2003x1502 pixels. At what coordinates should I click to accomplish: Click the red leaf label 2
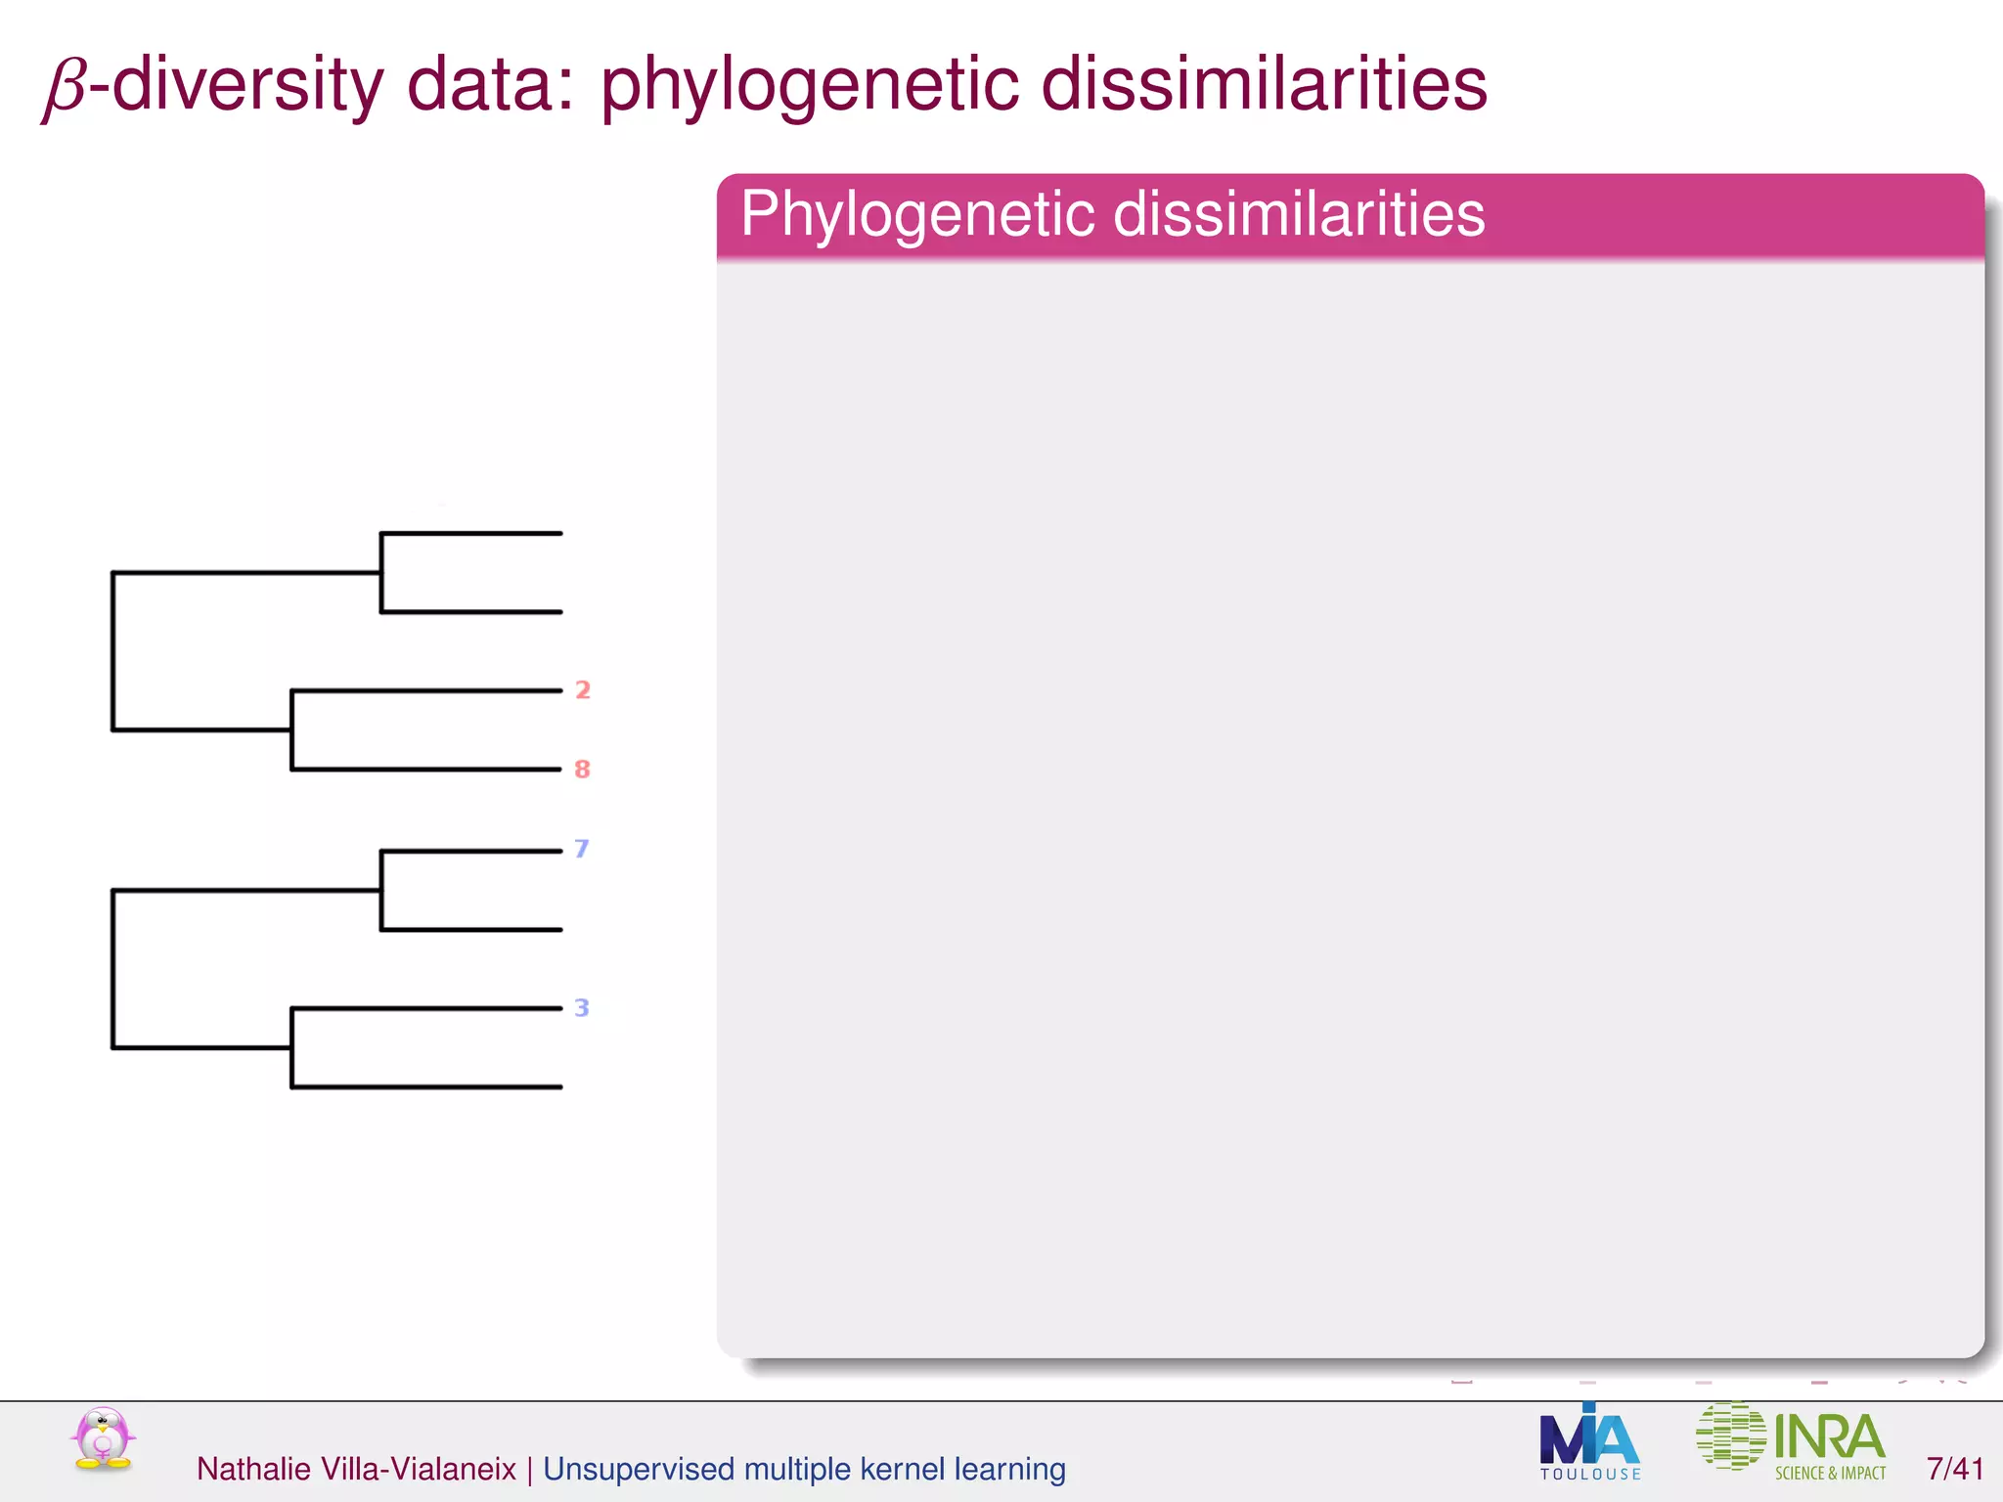coord(583,690)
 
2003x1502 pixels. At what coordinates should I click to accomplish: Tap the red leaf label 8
coord(583,770)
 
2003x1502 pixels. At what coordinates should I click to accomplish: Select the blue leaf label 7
coord(582,849)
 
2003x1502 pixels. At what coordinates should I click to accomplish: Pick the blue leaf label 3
coord(582,1007)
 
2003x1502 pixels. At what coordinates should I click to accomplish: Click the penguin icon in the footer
coord(103,1438)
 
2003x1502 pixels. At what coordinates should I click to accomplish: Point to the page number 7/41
coord(1954,1469)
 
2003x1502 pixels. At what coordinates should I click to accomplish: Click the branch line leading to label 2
coord(426,691)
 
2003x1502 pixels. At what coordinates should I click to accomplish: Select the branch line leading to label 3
coord(426,1008)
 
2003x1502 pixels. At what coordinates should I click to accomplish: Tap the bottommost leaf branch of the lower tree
coord(426,1086)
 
